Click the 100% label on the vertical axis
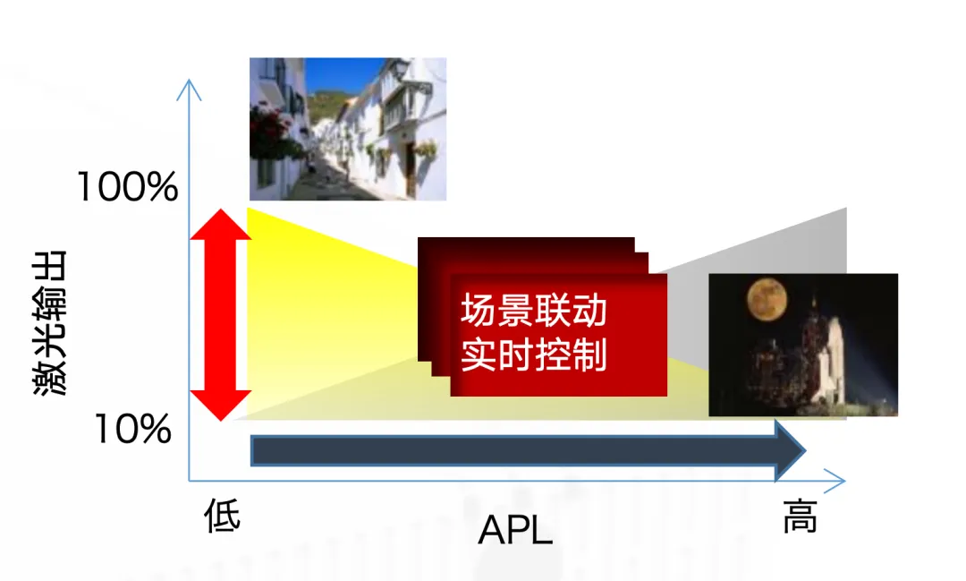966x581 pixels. pyautogui.click(x=128, y=187)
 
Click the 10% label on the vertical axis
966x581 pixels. pyautogui.click(x=132, y=430)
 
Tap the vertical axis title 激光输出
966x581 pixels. pyautogui.click(x=49, y=322)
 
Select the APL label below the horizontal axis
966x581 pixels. pyautogui.click(x=515, y=529)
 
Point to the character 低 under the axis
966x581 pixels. pyautogui.click(x=223, y=515)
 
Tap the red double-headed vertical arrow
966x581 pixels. pyautogui.click(x=221, y=314)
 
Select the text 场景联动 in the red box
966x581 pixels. pyautogui.click(x=533, y=311)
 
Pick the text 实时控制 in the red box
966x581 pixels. pyautogui.click(x=533, y=355)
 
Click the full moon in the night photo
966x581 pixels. pyautogui.click(x=767, y=299)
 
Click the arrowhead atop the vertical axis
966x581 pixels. pyautogui.click(x=189, y=90)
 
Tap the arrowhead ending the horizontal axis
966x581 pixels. pyautogui.click(x=835, y=481)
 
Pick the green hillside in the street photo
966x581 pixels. pyautogui.click(x=326, y=105)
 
